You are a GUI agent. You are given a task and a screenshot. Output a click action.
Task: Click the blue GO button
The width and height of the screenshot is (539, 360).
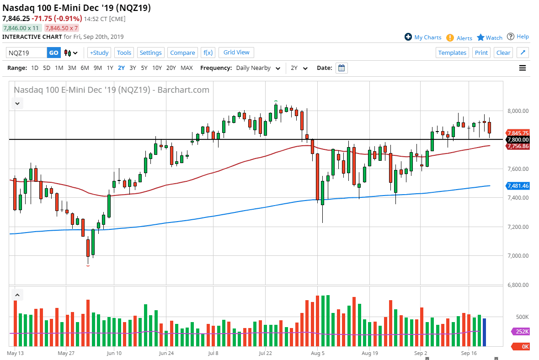tap(53, 53)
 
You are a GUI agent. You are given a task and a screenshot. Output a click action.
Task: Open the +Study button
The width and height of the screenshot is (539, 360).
tap(99, 53)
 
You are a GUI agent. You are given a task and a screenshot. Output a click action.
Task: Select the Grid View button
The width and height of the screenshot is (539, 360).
tap(236, 53)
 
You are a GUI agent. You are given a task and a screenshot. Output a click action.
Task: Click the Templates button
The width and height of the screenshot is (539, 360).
tap(452, 53)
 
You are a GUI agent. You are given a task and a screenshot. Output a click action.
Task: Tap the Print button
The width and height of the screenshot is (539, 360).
tap(481, 53)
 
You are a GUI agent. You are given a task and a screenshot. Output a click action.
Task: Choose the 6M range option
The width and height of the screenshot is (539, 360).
tap(85, 68)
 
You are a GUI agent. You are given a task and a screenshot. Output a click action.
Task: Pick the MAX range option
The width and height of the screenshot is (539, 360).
tap(187, 68)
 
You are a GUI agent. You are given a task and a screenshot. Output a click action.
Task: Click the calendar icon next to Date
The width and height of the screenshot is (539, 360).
tap(342, 68)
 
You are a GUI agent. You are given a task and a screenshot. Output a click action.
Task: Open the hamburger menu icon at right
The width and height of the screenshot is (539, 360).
tap(523, 68)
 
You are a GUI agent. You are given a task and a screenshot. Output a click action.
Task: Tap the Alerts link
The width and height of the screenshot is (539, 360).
tap(464, 38)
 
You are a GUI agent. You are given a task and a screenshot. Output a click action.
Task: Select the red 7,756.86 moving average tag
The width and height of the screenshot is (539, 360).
tap(518, 146)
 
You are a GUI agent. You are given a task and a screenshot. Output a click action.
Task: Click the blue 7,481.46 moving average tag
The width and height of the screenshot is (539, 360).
tap(518, 186)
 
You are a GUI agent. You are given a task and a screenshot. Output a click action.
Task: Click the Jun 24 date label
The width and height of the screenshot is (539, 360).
tap(166, 353)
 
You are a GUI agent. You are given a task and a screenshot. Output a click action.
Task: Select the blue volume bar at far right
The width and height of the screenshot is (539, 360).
tap(484, 333)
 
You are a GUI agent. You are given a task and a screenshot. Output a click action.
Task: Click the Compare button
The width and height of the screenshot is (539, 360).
tap(182, 53)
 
